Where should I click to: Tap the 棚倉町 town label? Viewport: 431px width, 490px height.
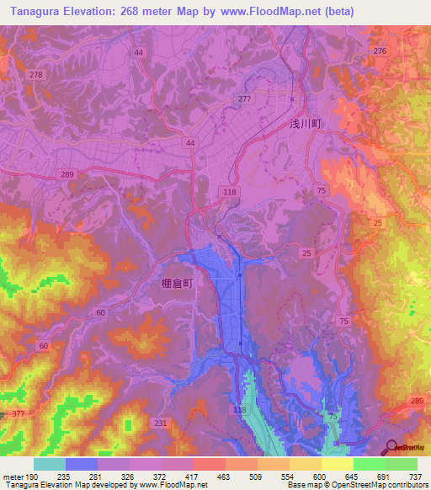(x=177, y=284)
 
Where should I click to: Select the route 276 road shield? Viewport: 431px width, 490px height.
(x=380, y=52)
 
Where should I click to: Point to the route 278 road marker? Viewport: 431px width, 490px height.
(x=35, y=75)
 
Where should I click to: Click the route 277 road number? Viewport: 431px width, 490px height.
(x=244, y=99)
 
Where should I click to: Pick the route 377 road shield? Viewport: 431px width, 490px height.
(x=19, y=414)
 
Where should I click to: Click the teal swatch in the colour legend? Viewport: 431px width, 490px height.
(x=50, y=464)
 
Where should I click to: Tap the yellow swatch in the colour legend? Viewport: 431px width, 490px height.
(x=338, y=464)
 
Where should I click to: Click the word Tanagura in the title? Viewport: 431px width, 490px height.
(x=36, y=11)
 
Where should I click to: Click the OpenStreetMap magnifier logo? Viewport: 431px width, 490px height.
(x=391, y=446)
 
